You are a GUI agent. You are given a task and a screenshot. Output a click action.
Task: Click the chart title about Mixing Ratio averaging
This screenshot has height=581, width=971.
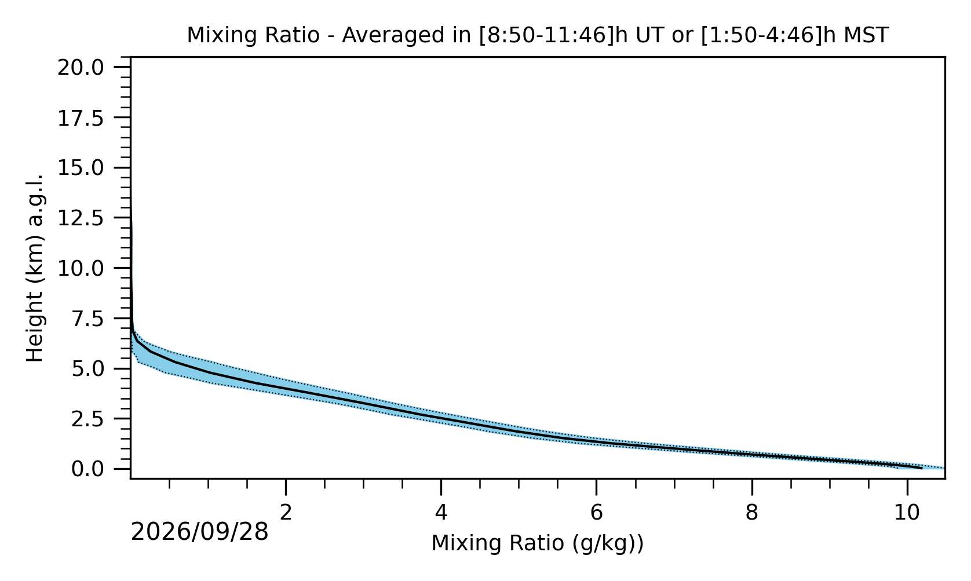538,35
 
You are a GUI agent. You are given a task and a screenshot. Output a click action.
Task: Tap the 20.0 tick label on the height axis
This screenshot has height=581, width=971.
81,68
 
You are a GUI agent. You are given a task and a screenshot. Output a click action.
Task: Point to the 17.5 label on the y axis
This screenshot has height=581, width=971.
81,118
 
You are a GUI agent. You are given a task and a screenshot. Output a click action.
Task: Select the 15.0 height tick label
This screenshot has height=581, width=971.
81,168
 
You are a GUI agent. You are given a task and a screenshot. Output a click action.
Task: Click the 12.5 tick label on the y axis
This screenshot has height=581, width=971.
81,218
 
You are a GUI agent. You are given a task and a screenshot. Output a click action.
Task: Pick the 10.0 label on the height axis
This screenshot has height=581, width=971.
81,269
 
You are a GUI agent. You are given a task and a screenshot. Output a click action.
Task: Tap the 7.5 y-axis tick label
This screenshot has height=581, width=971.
87,319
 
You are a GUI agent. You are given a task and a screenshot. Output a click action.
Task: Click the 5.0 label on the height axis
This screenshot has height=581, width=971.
87,369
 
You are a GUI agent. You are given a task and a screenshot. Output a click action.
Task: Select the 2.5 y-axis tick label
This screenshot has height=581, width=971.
87,419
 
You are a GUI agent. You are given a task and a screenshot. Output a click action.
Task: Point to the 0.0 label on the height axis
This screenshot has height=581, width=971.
87,469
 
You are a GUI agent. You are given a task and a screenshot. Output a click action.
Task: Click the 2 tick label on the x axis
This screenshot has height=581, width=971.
286,513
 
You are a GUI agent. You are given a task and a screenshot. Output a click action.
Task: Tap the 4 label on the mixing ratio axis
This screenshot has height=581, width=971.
441,513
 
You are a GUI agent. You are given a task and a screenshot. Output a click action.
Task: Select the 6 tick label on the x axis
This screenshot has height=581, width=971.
597,513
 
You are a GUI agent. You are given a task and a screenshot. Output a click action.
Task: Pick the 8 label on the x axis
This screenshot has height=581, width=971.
751,513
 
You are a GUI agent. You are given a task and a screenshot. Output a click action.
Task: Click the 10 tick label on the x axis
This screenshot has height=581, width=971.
907,513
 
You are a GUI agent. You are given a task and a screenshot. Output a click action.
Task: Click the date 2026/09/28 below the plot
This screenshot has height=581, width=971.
199,532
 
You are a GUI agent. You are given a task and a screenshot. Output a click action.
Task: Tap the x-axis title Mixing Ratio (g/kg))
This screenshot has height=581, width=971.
538,544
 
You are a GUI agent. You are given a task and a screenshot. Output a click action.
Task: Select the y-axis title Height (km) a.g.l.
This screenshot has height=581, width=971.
35,268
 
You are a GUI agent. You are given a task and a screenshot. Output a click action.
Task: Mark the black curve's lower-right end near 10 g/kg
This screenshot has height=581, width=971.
922,469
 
